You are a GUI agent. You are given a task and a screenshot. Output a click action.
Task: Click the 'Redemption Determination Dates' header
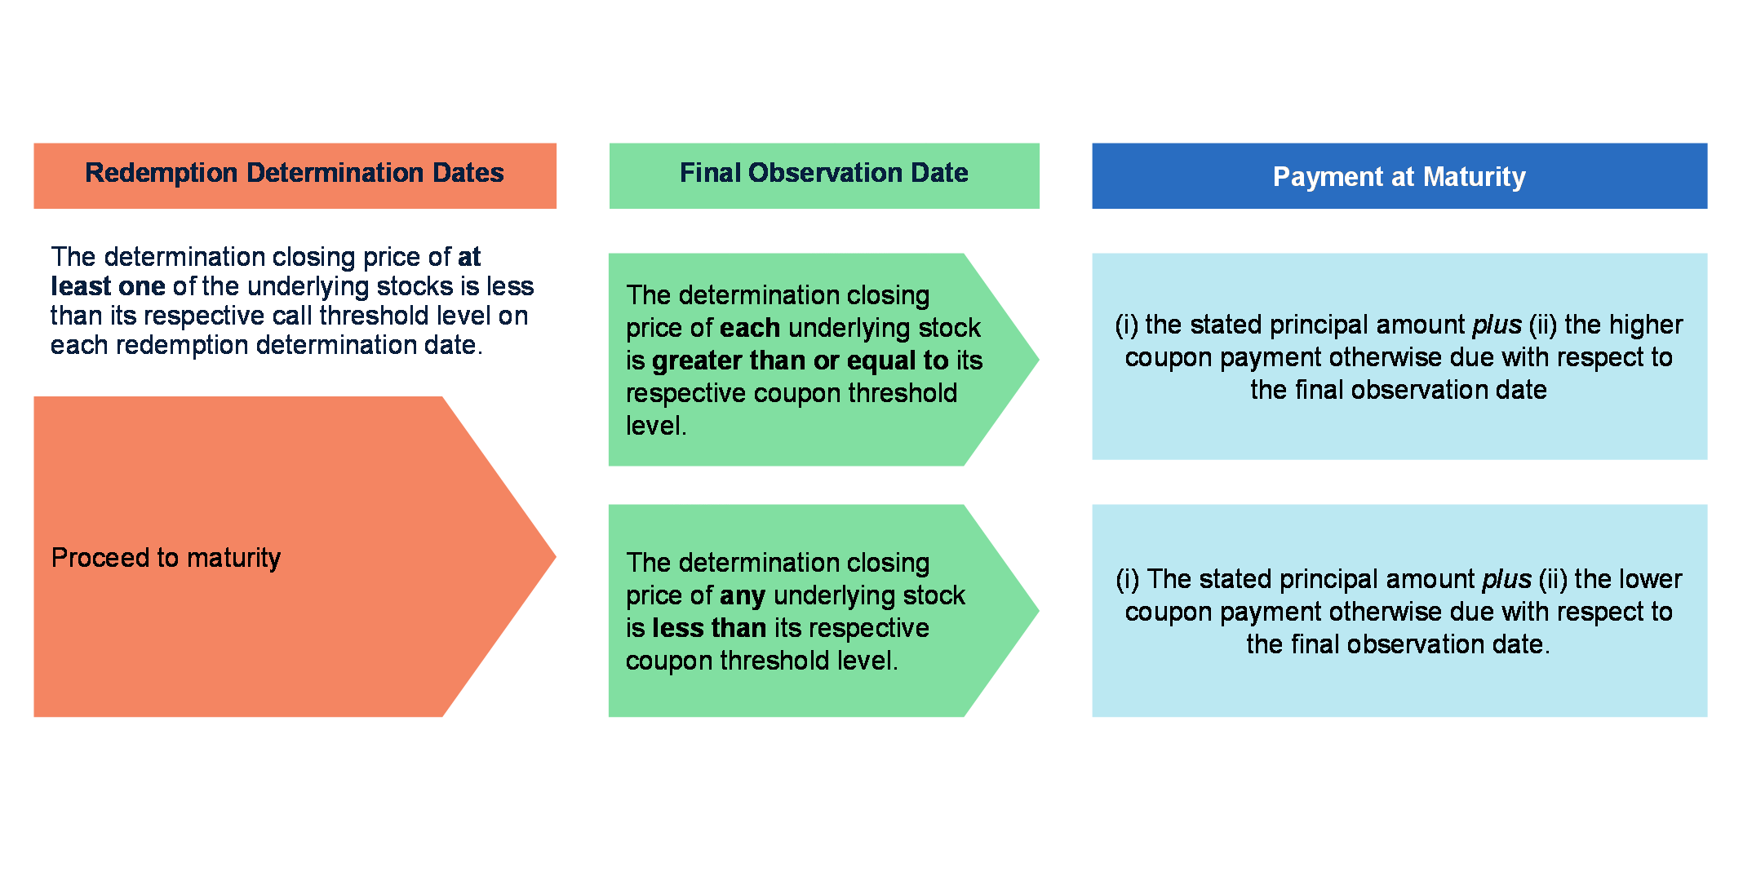click(x=295, y=175)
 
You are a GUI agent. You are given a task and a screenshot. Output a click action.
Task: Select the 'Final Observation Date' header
click(x=824, y=175)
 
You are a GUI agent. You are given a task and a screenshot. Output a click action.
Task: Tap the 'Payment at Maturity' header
click(x=1399, y=175)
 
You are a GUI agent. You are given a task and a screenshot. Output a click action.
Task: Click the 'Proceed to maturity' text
click(x=166, y=558)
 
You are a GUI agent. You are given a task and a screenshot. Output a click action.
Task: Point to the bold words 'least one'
click(x=108, y=286)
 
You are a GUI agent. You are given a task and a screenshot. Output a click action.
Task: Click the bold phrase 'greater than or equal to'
click(x=801, y=360)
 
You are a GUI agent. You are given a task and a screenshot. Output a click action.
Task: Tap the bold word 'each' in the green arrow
click(x=750, y=328)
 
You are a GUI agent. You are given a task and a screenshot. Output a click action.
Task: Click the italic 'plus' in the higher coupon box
click(x=1497, y=325)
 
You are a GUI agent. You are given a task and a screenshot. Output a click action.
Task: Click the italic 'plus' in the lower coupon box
click(x=1506, y=580)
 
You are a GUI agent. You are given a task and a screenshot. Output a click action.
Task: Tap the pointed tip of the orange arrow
click(x=556, y=557)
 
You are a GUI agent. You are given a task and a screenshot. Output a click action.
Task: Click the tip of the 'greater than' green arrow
click(x=1039, y=360)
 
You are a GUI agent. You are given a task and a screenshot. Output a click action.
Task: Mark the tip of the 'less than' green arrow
click(x=1039, y=611)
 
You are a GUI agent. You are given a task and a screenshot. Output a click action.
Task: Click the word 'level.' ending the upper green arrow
click(x=656, y=426)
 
